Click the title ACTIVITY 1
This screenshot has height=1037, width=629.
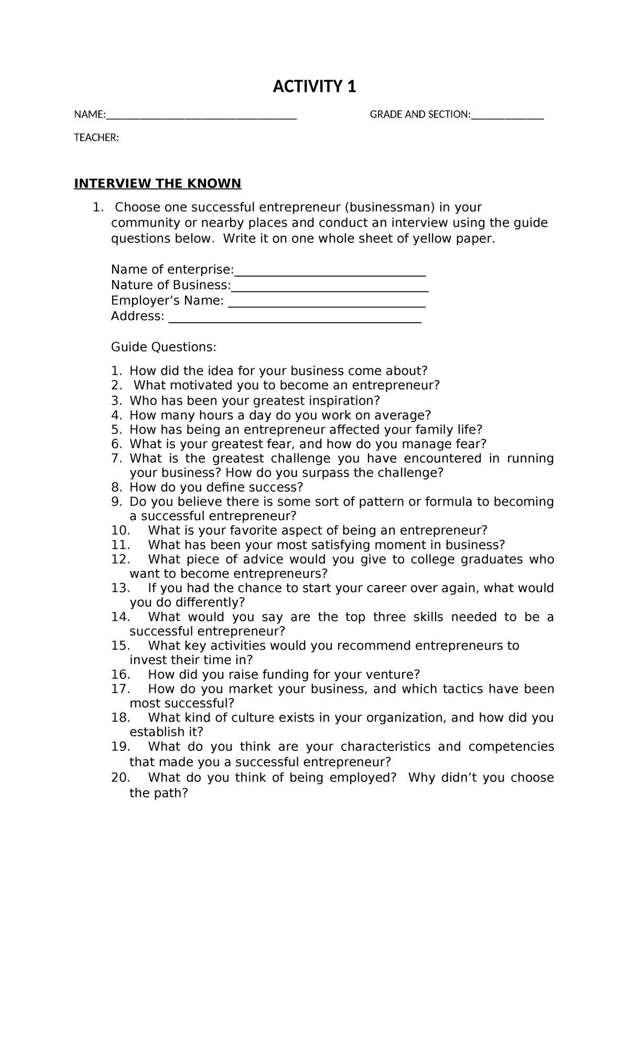314,86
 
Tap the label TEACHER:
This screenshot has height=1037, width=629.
96,137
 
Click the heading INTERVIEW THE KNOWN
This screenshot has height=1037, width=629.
157,183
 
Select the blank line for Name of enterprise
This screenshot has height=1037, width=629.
330,272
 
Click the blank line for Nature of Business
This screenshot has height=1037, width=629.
330,287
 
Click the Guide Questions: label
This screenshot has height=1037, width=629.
164,347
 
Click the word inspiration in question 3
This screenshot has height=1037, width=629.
341,400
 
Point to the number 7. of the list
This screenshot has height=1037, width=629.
116,458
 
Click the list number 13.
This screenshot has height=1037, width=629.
121,588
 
